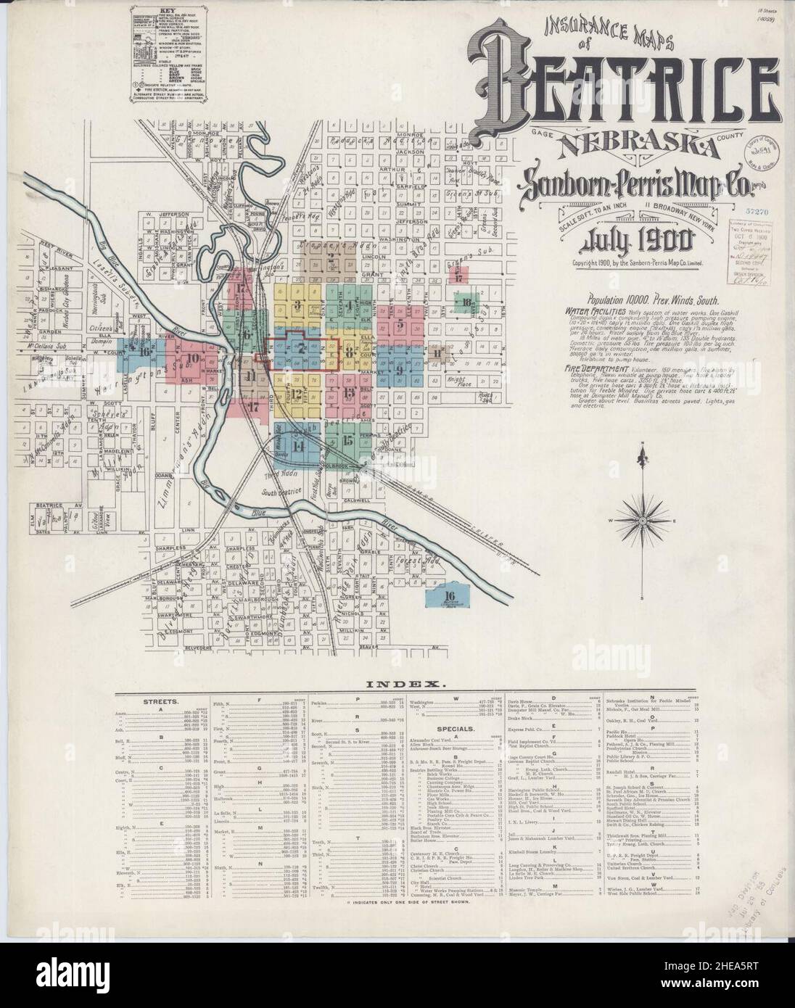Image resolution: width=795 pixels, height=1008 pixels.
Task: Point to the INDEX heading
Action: pos(397,684)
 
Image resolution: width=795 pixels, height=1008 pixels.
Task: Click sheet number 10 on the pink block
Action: pos(192,358)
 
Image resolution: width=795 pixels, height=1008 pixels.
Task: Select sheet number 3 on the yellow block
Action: pos(298,304)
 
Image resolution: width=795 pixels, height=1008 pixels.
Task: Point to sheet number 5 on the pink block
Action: pos(400,324)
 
